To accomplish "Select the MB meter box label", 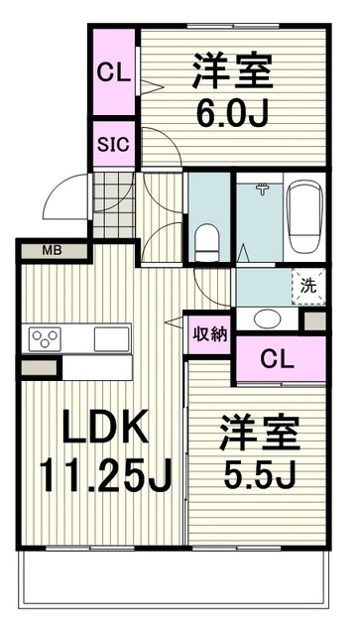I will click(51, 250).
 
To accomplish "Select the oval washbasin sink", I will click(265, 318).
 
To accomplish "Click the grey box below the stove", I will click(39, 368).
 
